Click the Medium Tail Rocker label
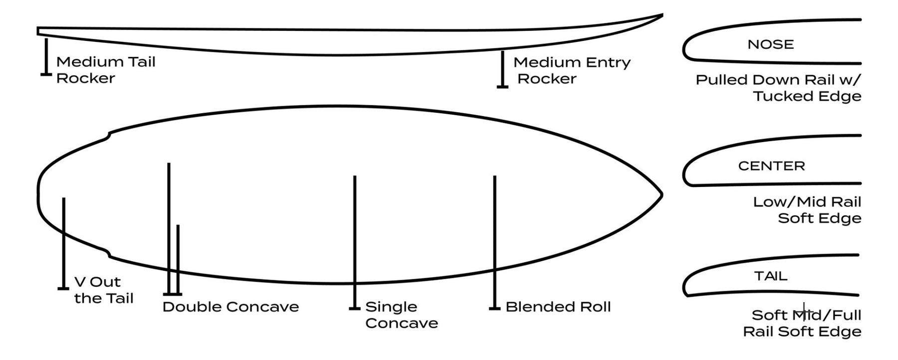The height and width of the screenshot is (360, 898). (x=105, y=70)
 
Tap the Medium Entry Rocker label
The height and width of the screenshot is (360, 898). (x=572, y=70)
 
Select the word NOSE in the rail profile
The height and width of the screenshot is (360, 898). (x=770, y=44)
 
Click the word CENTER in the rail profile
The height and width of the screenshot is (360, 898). (x=771, y=166)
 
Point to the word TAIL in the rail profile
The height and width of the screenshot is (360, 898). (x=771, y=276)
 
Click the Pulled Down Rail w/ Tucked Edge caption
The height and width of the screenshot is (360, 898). (x=778, y=88)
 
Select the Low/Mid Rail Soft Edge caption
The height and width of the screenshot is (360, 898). (x=807, y=210)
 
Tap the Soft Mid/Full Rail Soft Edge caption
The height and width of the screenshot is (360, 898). (x=802, y=323)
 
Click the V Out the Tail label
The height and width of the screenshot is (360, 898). (x=103, y=290)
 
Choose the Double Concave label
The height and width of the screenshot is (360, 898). (x=230, y=307)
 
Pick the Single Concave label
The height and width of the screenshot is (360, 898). (x=401, y=315)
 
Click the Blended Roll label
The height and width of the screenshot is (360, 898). (x=558, y=307)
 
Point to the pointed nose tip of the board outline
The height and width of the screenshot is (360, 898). (x=661, y=194)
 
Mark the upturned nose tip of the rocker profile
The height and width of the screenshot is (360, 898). (x=662, y=15)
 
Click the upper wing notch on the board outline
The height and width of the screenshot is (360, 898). (x=109, y=134)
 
